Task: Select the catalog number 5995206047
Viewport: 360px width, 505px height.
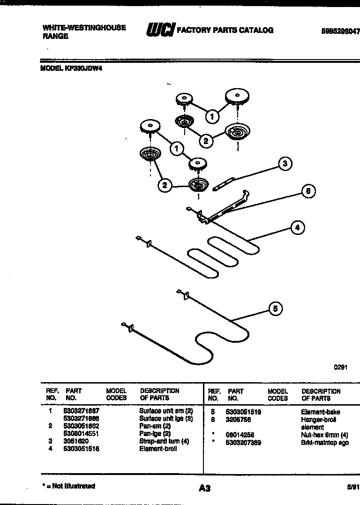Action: [x=340, y=31]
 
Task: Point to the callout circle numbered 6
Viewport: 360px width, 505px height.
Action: [x=307, y=191]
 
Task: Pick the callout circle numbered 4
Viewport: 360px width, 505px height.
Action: [x=296, y=228]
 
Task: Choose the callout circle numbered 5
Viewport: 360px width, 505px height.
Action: [x=276, y=308]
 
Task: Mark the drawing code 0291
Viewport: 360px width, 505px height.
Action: [x=340, y=368]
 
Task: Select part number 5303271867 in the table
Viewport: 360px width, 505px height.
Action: [x=81, y=411]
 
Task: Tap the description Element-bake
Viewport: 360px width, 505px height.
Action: [x=320, y=412]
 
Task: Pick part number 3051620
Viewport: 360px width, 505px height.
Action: [x=76, y=441]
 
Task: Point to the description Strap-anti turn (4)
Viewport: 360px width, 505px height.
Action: [x=164, y=441]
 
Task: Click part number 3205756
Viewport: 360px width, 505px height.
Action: [x=238, y=420]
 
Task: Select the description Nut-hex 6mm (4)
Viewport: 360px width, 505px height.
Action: [x=324, y=435]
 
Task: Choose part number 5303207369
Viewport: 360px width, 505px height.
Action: [x=244, y=443]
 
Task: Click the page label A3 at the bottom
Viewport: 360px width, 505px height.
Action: [x=204, y=489]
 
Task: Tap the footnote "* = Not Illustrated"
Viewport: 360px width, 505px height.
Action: [x=68, y=486]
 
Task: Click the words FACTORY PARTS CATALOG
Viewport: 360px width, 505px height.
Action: [x=225, y=30]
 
